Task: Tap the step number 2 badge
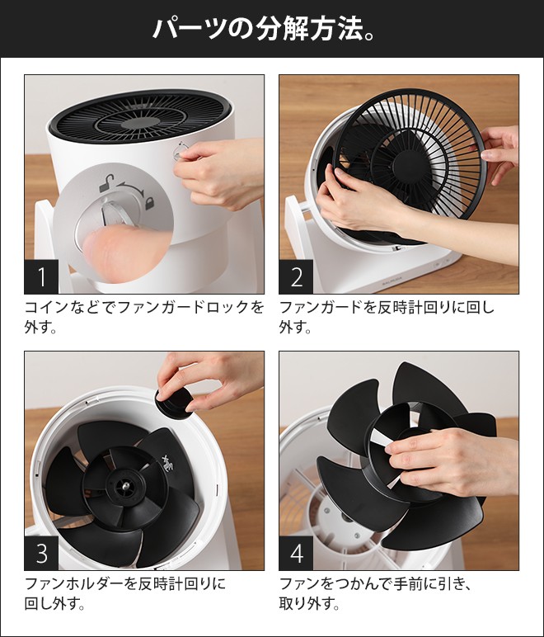point(296,277)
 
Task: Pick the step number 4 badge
point(296,554)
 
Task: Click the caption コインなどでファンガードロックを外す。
point(144,318)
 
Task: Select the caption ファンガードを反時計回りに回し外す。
point(387,318)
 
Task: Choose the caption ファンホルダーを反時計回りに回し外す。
point(124,594)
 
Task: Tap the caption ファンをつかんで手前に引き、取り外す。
point(379,594)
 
